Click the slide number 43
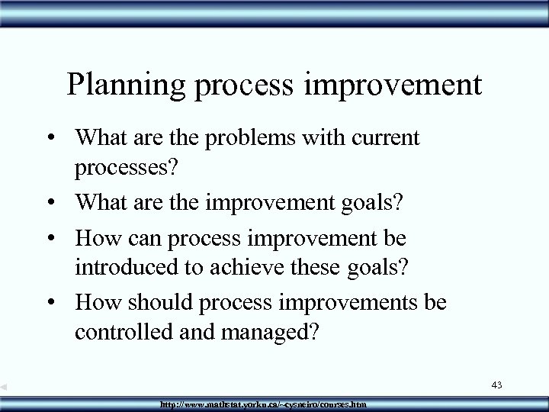(496, 386)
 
